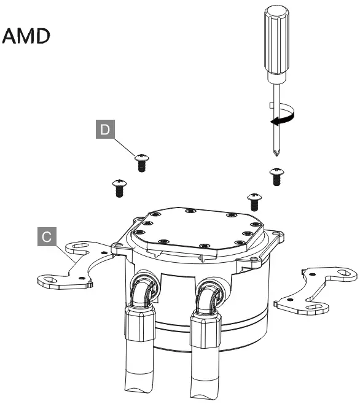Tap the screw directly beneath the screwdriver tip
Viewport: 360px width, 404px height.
point(276,176)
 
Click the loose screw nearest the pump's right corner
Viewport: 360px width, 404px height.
point(253,201)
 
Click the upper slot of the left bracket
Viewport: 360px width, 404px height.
point(79,248)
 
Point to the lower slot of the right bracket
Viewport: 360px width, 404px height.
point(313,307)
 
